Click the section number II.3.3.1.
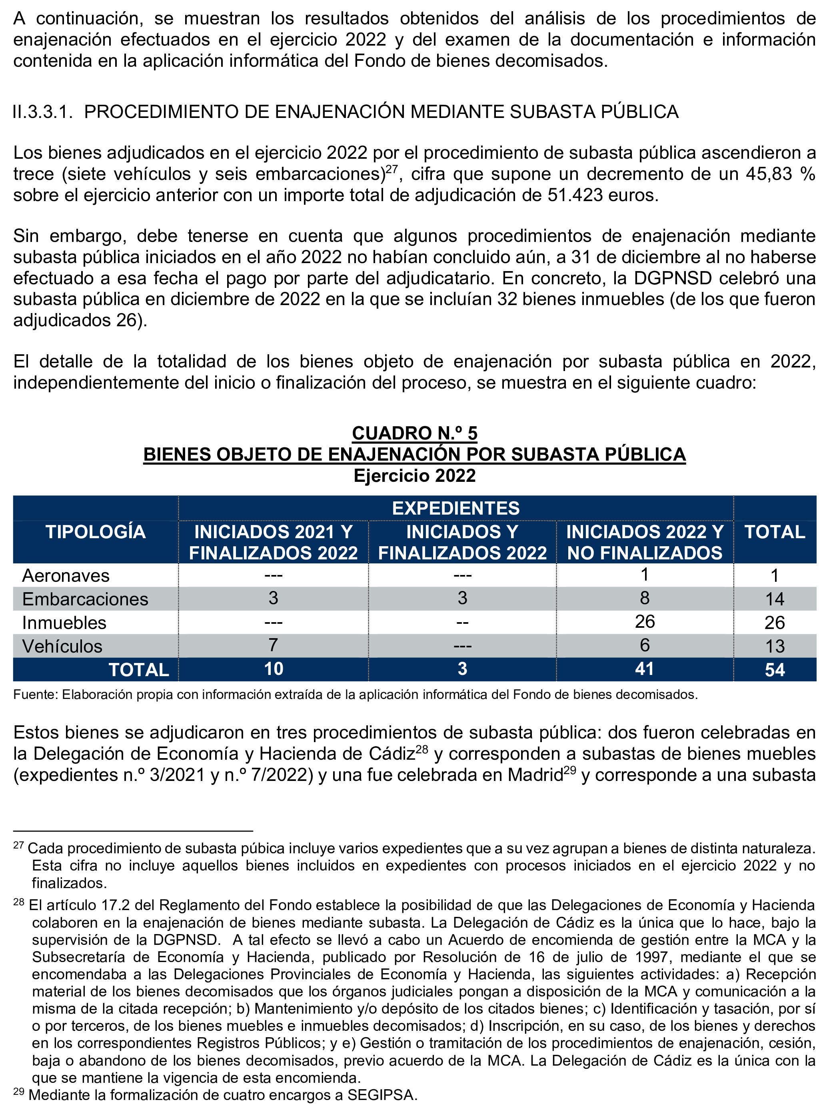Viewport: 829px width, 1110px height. tap(43, 112)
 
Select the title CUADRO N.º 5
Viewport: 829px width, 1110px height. tap(414, 433)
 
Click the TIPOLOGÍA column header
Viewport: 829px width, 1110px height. tap(95, 532)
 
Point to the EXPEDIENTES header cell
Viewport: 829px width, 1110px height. tap(455, 508)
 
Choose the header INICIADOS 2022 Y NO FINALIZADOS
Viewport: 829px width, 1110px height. tap(645, 543)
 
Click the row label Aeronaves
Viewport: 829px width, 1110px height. tap(66, 575)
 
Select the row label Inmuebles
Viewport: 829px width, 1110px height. tap(64, 623)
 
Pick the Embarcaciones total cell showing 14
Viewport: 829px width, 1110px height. tap(774, 599)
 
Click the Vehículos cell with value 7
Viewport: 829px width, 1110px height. tap(273, 645)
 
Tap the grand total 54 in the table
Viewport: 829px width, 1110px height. tap(774, 670)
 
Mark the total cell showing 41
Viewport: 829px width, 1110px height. tap(644, 669)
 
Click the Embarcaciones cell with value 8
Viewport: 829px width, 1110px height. tap(644, 598)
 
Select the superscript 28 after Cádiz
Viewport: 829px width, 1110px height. tap(422, 750)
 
